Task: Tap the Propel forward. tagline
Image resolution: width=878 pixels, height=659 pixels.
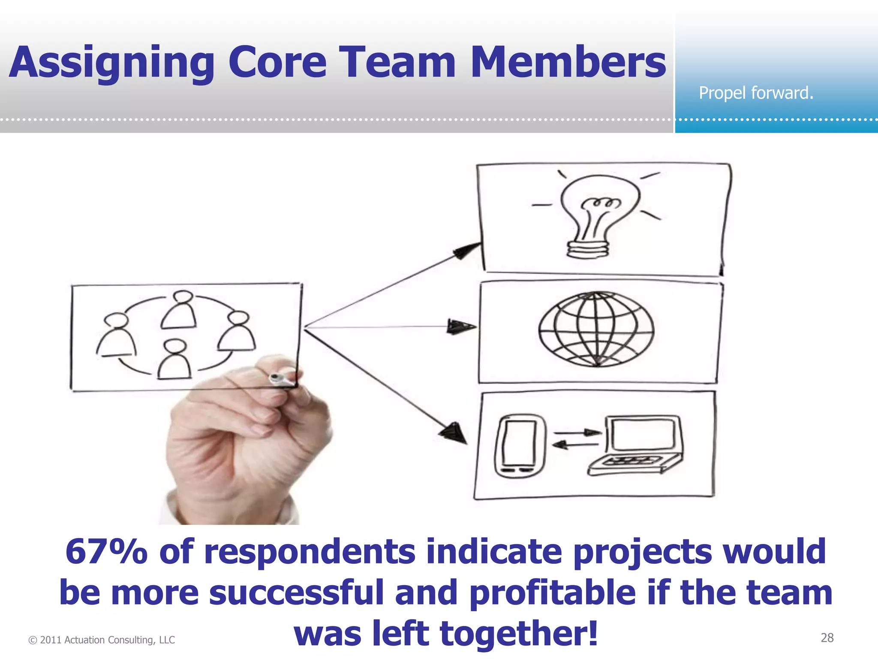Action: (756, 93)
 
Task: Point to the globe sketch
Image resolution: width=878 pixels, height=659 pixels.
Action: (596, 329)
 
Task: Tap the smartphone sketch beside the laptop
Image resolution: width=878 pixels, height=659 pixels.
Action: (520, 446)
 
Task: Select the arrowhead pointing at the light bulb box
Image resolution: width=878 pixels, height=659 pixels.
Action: (467, 250)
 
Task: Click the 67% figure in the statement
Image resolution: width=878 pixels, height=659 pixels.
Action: (106, 552)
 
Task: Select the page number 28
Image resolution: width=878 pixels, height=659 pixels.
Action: (827, 638)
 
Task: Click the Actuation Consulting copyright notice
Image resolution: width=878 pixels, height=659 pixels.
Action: (102, 640)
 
